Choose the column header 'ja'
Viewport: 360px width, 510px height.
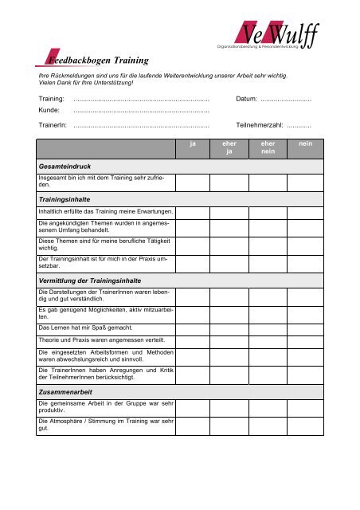pyautogui.click(x=193, y=144)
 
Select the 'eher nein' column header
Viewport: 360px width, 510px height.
pyautogui.click(x=268, y=149)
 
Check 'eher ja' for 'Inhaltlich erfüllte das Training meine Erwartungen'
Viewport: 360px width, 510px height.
pyautogui.click(x=229, y=211)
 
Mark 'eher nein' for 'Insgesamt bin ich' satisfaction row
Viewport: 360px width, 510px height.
pyautogui.click(x=268, y=182)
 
